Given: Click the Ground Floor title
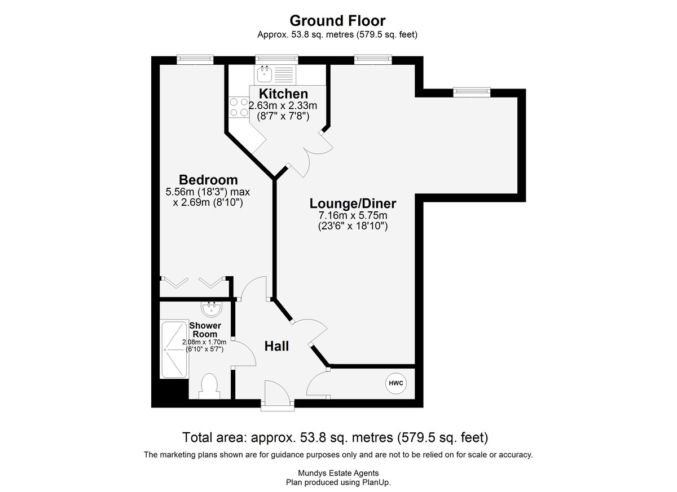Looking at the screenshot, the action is pyautogui.click(x=337, y=21).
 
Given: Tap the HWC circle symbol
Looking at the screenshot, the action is pyautogui.click(x=396, y=383).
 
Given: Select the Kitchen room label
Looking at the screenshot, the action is pyautogui.click(x=283, y=94).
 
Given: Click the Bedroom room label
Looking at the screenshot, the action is pyautogui.click(x=208, y=180).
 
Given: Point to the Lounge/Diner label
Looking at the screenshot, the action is pyautogui.click(x=353, y=203).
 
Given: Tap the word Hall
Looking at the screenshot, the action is pyautogui.click(x=276, y=346).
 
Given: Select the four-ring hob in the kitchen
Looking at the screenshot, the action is pyautogui.click(x=239, y=107).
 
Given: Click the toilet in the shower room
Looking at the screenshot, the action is pyautogui.click(x=209, y=387).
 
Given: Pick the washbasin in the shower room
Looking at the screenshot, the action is pyautogui.click(x=212, y=309).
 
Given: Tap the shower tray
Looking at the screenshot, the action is pyautogui.click(x=174, y=350).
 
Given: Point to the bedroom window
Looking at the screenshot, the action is pyautogui.click(x=195, y=60).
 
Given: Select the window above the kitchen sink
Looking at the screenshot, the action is pyautogui.click(x=276, y=60).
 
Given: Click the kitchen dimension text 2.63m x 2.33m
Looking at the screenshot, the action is pyautogui.click(x=283, y=105).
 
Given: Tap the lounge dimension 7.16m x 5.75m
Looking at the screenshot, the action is pyautogui.click(x=353, y=215).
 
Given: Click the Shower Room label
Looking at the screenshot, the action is pyautogui.click(x=205, y=330).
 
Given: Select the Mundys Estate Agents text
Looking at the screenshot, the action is pyautogui.click(x=338, y=473).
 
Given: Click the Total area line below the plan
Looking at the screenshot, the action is pyautogui.click(x=335, y=437).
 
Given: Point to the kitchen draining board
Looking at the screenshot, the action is pyautogui.click(x=284, y=75).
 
